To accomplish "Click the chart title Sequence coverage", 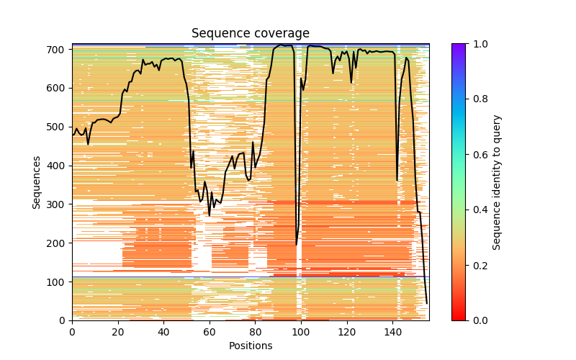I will tap(251, 34).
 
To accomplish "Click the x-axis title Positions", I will tap(251, 346).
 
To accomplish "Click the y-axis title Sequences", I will tap(36, 181).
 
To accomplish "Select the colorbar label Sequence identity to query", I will tap(497, 181).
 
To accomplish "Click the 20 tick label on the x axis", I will tap(118, 332).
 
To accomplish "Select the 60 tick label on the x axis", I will tap(210, 332).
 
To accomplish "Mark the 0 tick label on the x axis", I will tap(72, 332).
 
